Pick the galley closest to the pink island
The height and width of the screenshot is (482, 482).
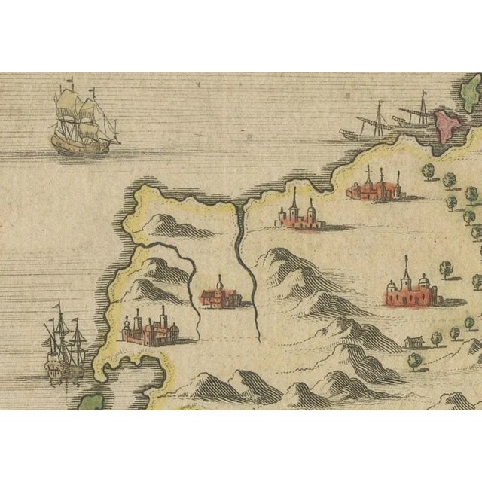(x=410, y=113)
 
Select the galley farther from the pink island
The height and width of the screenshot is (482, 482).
(x=365, y=128)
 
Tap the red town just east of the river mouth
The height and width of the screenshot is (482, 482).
(x=300, y=215)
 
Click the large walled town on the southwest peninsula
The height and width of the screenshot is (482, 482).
(x=151, y=330)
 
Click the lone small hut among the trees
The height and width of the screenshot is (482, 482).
(x=413, y=343)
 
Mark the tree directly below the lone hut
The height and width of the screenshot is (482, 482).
(x=415, y=361)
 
